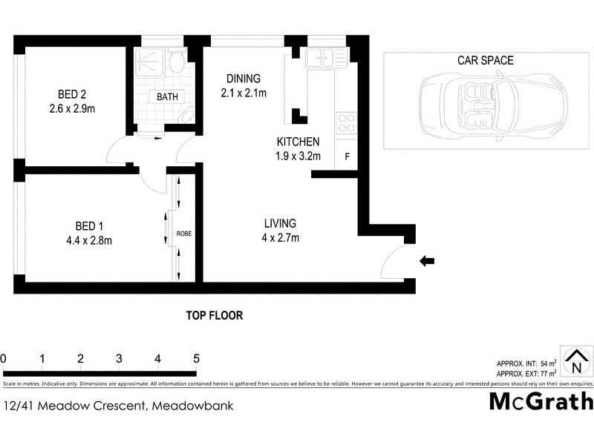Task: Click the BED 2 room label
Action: pyautogui.click(x=73, y=94)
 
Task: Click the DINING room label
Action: pyautogui.click(x=243, y=79)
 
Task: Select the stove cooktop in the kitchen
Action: pyautogui.click(x=346, y=122)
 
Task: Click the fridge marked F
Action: pyautogui.click(x=347, y=156)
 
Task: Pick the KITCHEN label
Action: pyautogui.click(x=298, y=142)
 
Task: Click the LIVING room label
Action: pyautogui.click(x=280, y=223)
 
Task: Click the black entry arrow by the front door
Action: pyautogui.click(x=427, y=260)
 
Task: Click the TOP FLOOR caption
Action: pyautogui.click(x=214, y=315)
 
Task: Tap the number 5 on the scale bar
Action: pyautogui.click(x=196, y=359)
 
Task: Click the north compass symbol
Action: pyautogui.click(x=575, y=362)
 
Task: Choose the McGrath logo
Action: pyautogui.click(x=541, y=401)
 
